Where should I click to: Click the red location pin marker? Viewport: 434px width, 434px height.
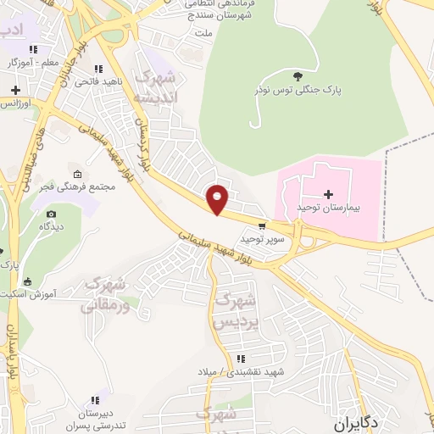pyautogui.click(x=218, y=199)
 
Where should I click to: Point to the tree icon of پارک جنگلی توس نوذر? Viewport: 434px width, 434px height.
pyautogui.click(x=295, y=76)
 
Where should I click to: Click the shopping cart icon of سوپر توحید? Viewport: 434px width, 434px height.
pyautogui.click(x=262, y=226)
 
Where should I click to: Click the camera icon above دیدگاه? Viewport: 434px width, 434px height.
pyautogui.click(x=51, y=214)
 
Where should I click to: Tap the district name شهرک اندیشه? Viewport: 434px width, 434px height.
pyautogui.click(x=159, y=92)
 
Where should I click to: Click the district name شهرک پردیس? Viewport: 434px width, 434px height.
pyautogui.click(x=234, y=310)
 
